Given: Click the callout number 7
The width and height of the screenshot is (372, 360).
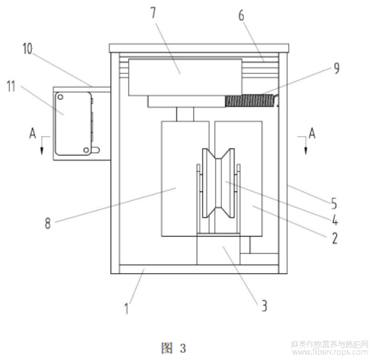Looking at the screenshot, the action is tap(153, 13).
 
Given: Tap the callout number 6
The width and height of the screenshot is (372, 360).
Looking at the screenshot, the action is tap(242, 16).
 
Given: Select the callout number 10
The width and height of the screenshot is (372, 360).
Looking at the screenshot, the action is tap(27, 49).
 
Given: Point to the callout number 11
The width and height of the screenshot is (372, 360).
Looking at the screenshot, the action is tap(11, 86).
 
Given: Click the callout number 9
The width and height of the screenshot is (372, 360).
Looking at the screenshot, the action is tap(337, 68).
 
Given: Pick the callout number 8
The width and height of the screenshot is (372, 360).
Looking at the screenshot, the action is tap(47, 223).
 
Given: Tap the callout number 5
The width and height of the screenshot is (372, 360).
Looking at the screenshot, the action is tap(334, 203).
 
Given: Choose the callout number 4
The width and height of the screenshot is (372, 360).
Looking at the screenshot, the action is tap(335, 220).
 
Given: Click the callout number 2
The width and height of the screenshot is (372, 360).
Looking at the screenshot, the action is tap(334, 238).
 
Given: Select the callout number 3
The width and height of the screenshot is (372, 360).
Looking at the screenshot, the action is tap(264, 306).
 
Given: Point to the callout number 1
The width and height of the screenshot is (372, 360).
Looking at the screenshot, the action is tap(127, 308).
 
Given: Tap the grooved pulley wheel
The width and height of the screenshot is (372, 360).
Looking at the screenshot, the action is tap(218, 183).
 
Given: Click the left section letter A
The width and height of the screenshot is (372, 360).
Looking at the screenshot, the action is tap(32, 133).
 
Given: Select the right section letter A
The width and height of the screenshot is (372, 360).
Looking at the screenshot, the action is tap(312, 133).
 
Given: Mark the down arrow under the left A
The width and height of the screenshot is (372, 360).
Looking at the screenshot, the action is tap(42, 145).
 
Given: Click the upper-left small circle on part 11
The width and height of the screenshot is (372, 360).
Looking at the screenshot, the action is tap(60, 97).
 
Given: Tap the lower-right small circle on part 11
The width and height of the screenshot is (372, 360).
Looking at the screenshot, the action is tap(86, 150).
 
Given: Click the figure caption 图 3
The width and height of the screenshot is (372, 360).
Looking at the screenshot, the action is tap(173, 348).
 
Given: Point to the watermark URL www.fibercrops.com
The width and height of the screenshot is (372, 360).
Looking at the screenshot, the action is tap(330, 352).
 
